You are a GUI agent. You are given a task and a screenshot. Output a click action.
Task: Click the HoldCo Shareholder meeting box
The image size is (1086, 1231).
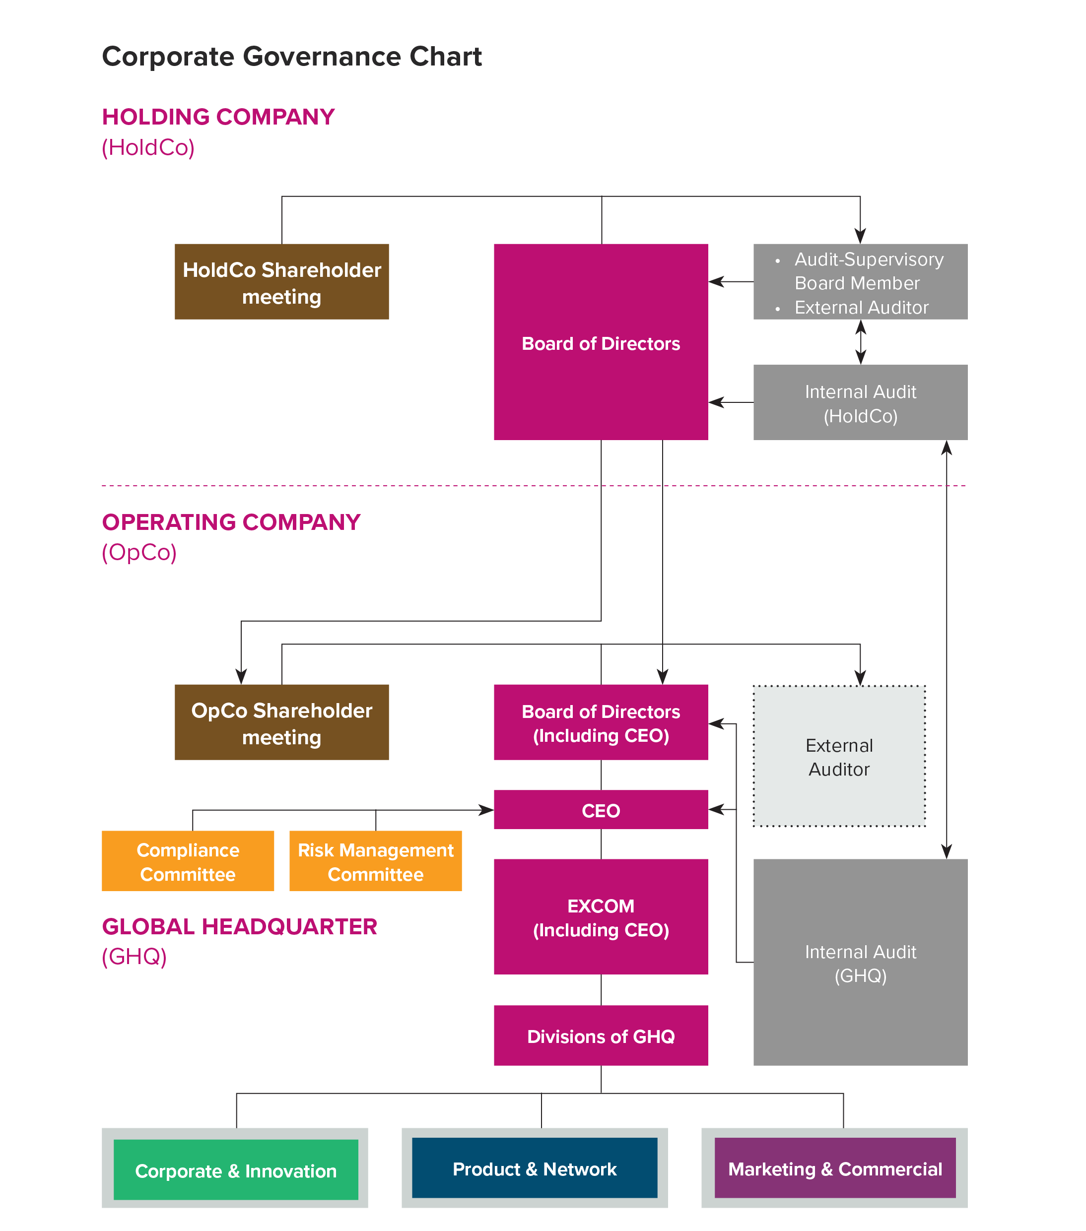tap(281, 282)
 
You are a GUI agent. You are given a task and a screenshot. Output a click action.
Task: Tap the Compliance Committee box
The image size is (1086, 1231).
tap(188, 861)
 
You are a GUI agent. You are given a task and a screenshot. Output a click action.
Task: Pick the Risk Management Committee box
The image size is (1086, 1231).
tap(375, 861)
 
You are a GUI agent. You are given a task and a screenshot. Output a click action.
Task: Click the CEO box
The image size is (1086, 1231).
tap(601, 810)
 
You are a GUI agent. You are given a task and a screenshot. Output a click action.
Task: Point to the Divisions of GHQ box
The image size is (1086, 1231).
tap(601, 1036)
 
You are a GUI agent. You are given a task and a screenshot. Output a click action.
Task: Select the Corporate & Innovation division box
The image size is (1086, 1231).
tap(235, 1170)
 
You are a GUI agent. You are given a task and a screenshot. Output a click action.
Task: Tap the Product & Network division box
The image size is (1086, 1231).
tap(534, 1168)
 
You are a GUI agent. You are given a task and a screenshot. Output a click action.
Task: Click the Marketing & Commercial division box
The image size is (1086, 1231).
tap(835, 1168)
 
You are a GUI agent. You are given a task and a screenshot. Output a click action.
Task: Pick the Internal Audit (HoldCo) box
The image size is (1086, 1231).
tap(860, 403)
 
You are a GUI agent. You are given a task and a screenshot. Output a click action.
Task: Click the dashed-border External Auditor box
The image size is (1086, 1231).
tap(839, 757)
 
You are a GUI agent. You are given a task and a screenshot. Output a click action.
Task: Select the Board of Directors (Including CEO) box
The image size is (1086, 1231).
tap(601, 723)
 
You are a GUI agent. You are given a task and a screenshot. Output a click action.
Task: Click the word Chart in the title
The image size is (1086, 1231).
tap(446, 57)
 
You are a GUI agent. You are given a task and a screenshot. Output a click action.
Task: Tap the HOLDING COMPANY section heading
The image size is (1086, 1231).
tap(218, 117)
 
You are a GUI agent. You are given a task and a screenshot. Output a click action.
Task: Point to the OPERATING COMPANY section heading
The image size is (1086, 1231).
tap(231, 522)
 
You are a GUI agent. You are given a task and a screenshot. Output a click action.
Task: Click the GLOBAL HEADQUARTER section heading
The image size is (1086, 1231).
tap(239, 926)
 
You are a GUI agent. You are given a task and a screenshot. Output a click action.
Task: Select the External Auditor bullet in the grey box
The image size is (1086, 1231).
tap(861, 308)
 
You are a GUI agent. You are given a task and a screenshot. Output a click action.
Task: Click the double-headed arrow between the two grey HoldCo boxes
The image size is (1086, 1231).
tap(861, 342)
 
